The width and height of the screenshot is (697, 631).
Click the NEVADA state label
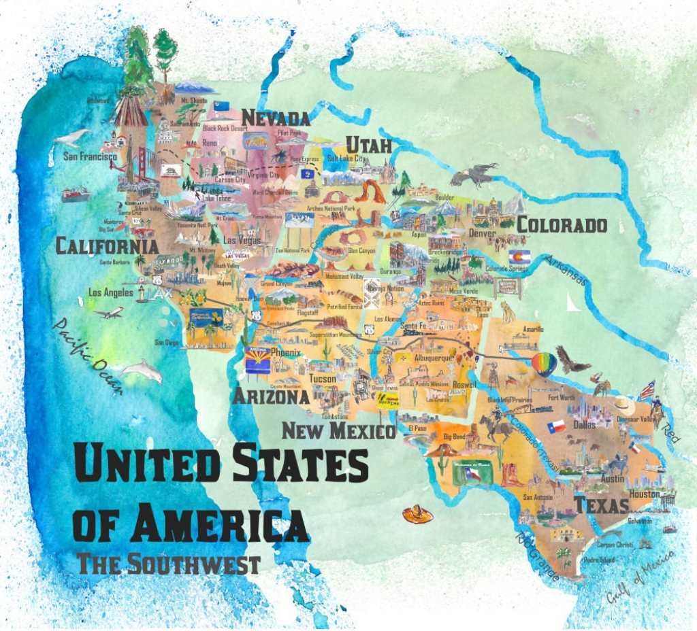coord(276,118)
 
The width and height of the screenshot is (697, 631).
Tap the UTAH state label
coord(369,145)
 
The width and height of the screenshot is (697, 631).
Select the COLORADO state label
coord(562,225)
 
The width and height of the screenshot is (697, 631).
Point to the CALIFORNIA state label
coord(107,246)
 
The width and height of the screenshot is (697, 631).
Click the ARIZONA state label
coord(270,396)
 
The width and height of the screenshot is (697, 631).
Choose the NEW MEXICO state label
coord(338,430)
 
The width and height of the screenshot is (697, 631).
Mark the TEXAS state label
coord(601,506)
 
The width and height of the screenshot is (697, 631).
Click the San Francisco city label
coord(90,156)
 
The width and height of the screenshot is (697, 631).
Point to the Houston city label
coord(644,494)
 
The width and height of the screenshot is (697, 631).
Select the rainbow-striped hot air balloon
coord(543,364)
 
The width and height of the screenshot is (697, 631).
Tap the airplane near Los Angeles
coord(109,313)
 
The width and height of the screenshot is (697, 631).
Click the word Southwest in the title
coord(197,564)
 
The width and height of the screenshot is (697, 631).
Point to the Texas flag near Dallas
coord(556,426)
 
